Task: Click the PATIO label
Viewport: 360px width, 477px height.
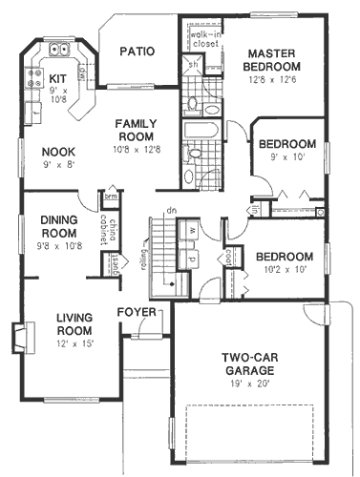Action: point(138,52)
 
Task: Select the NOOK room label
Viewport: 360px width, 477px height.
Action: point(59,150)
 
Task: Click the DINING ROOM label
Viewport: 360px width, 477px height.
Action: point(59,226)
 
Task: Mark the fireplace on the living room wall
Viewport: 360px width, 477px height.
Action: point(18,337)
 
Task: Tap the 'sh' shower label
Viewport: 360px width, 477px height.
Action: point(192,64)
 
